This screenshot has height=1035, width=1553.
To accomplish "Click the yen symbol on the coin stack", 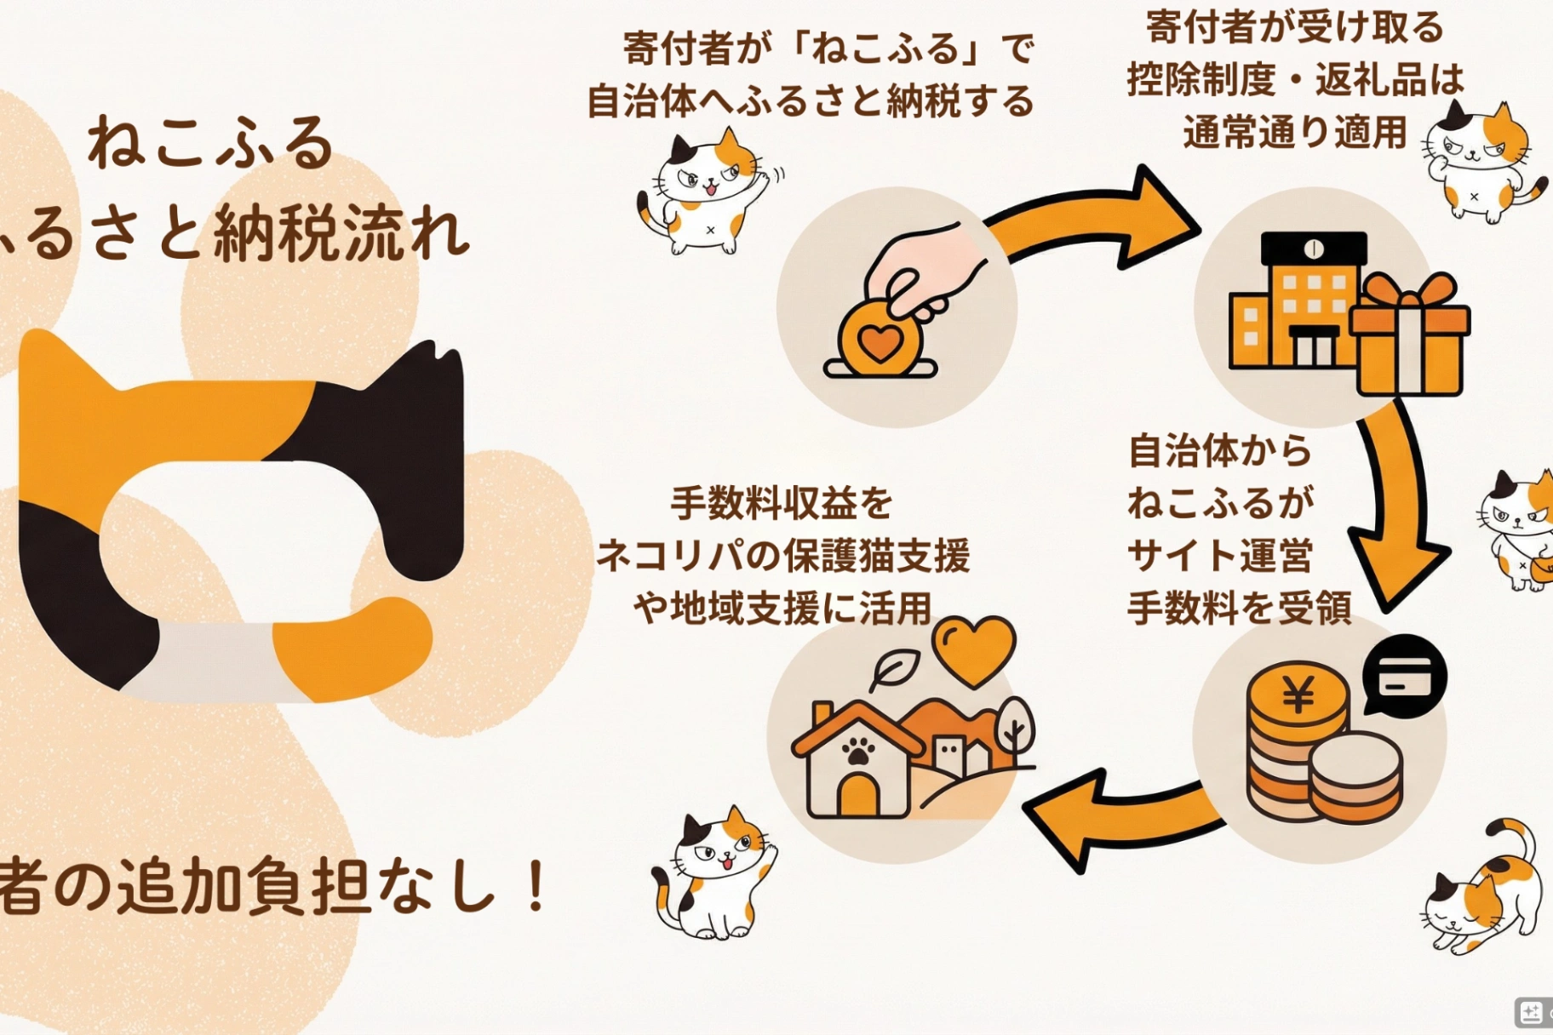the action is pyautogui.click(x=1298, y=695).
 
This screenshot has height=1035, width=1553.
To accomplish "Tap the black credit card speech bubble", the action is pyautogui.click(x=1404, y=676).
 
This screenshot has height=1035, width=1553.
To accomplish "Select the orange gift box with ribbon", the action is pyautogui.click(x=1410, y=336).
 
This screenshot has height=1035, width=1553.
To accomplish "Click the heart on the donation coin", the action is pyautogui.click(x=880, y=343).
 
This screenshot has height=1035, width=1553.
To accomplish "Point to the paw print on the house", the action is pyautogui.click(x=858, y=751).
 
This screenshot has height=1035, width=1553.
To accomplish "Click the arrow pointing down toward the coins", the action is pyautogui.click(x=1396, y=502).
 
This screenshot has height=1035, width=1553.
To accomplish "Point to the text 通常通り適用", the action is pyautogui.click(x=1294, y=133).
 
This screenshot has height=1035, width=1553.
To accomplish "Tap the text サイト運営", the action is pyautogui.click(x=1219, y=556).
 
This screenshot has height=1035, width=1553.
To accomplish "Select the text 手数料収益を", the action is pyautogui.click(x=781, y=503).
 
